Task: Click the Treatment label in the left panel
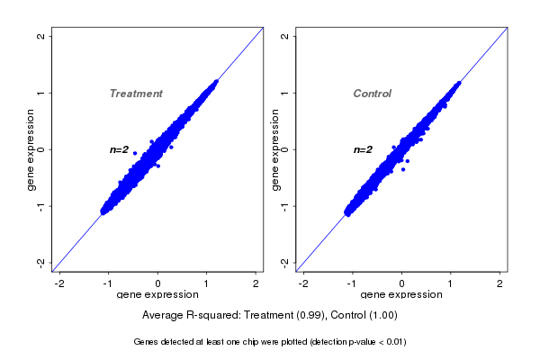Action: click(136, 94)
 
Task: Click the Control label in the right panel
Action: click(373, 94)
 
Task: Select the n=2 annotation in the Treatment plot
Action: click(120, 149)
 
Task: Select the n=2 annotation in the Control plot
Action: click(363, 149)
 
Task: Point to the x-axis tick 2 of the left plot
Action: click(256, 283)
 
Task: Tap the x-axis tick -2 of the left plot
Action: click(59, 283)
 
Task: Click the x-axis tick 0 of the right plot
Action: click(402, 283)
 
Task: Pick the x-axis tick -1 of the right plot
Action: click(353, 283)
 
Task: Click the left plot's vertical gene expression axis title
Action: click(31, 149)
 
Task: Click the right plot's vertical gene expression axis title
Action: click(275, 149)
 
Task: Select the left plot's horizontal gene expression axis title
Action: click(158, 295)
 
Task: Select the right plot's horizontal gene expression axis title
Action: click(402, 295)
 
